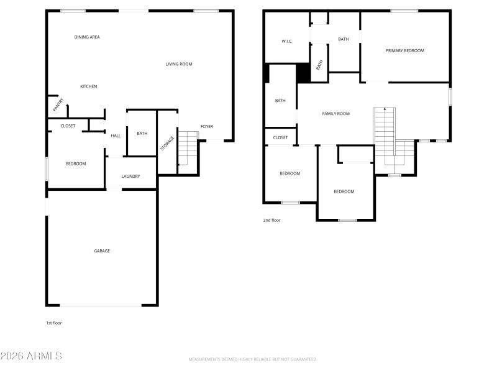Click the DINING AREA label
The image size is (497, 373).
[x=87, y=37]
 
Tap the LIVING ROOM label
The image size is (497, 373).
[x=179, y=64]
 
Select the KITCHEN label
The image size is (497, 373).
[x=88, y=86]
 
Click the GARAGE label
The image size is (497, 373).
[x=102, y=251]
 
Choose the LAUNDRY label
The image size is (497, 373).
[x=130, y=177]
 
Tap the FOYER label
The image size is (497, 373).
[x=206, y=127]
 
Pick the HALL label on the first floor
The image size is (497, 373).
[x=116, y=136]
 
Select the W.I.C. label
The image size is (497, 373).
[x=287, y=42]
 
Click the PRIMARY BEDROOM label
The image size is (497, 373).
[x=404, y=51]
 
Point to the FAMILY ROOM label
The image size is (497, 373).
[x=335, y=114]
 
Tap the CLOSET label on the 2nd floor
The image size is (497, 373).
[x=280, y=137]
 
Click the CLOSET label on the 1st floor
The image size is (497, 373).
[x=68, y=126]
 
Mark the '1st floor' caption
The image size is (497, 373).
[x=54, y=323]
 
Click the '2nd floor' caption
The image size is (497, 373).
[x=271, y=220]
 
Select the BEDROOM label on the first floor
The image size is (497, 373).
[x=76, y=163]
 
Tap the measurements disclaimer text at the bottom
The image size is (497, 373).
[x=253, y=359]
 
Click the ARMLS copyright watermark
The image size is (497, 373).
[x=31, y=356]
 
